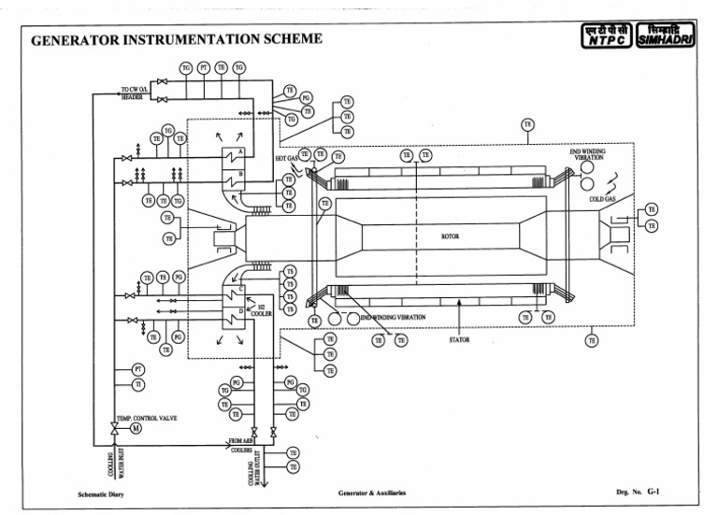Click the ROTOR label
point(450,236)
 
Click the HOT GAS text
point(286,159)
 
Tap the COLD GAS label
point(601,199)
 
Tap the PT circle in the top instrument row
point(204,67)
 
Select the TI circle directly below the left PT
point(138,384)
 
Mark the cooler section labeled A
point(240,152)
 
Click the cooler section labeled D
point(240,310)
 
